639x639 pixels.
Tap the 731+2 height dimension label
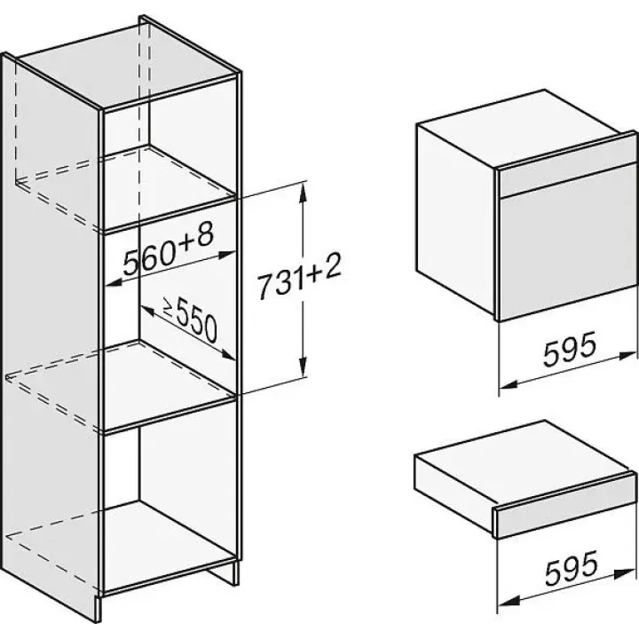click(299, 276)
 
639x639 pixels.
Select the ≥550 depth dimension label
click(190, 319)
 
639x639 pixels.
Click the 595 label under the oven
click(570, 348)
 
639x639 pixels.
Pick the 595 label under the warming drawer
click(572, 567)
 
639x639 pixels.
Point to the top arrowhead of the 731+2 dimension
click(302, 193)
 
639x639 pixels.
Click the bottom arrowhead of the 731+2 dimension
click(303, 367)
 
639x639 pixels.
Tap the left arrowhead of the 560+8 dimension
click(115, 282)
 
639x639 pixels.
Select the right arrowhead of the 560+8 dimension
click(226, 255)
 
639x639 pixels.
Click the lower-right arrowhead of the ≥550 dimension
click(227, 355)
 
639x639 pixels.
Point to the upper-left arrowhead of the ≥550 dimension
click(149, 311)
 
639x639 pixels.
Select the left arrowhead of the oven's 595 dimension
click(509, 384)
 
